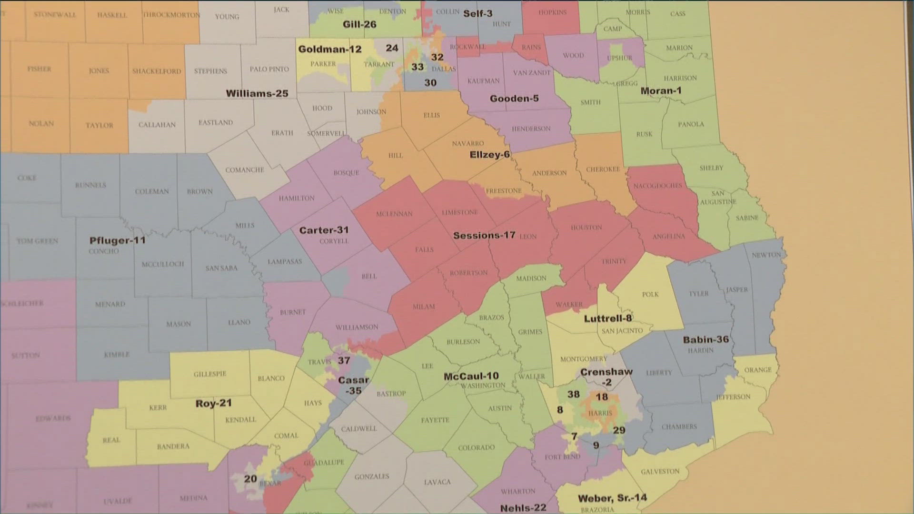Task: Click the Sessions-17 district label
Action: [484, 235]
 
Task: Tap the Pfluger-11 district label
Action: [117, 240]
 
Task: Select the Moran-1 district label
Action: [660, 90]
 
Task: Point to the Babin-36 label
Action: [705, 339]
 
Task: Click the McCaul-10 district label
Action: [471, 376]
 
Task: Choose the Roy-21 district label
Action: [213, 403]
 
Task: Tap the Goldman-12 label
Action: [329, 49]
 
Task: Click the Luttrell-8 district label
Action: [607, 318]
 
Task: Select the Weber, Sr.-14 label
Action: [612, 498]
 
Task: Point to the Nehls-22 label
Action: [523, 508]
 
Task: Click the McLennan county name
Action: [394, 214]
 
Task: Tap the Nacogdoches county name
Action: [657, 186]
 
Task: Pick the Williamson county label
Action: [357, 327]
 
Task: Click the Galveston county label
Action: [660, 471]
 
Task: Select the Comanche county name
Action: [244, 169]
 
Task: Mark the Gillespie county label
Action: [209, 374]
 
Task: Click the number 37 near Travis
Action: [344, 360]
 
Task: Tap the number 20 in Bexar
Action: [250, 479]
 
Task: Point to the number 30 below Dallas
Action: [430, 83]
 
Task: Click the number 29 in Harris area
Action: [619, 430]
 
